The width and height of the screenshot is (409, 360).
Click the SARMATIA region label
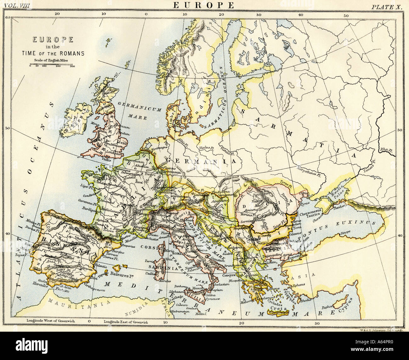[299, 129]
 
